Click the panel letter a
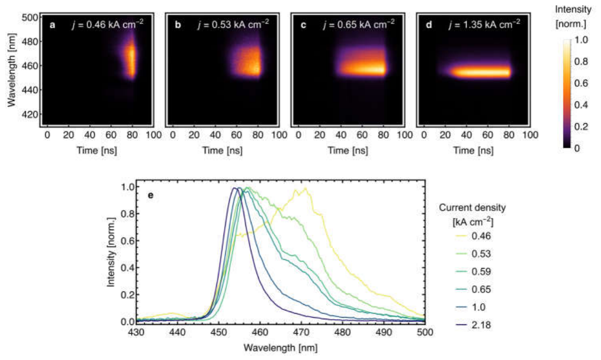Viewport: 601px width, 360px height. [52, 25]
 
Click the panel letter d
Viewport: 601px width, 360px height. [429, 25]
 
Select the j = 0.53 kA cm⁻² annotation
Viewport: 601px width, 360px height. [233, 24]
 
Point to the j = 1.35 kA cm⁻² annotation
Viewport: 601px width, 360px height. [484, 24]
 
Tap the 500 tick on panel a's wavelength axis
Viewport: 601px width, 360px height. [31, 18]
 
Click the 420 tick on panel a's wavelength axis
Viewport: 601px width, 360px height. [31, 114]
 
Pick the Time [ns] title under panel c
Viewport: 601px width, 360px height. [348, 150]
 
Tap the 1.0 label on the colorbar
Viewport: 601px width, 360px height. [582, 40]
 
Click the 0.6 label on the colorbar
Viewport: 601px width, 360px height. [582, 83]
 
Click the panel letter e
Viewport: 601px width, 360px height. [151, 195]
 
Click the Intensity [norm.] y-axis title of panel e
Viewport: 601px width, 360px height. [111, 252]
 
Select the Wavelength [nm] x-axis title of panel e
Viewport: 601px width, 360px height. [280, 348]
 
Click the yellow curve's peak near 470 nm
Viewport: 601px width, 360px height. [306, 188]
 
